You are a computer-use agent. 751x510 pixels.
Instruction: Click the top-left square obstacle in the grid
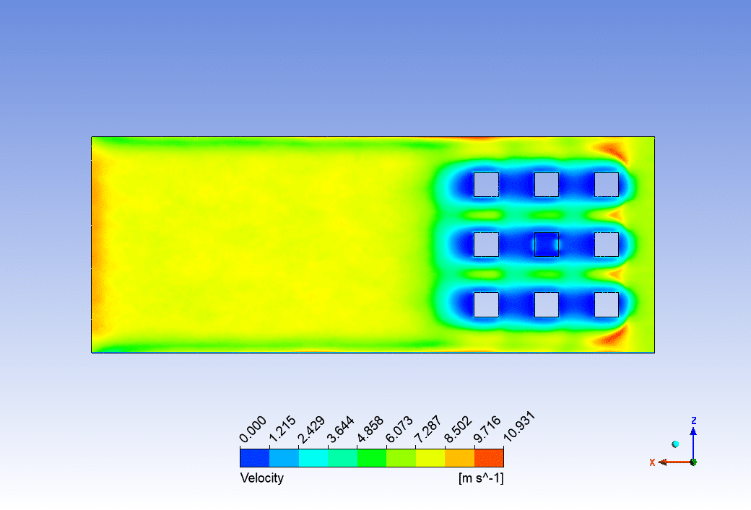tap(486, 185)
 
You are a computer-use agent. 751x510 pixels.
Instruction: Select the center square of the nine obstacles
tap(547, 245)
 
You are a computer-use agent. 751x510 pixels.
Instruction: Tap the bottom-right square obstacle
tap(607, 304)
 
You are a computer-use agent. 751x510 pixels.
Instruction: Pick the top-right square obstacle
tap(607, 185)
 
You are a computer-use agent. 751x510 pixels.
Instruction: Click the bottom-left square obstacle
tap(486, 304)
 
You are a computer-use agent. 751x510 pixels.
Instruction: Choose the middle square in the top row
tap(547, 185)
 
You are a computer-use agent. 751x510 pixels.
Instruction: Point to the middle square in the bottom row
tap(547, 304)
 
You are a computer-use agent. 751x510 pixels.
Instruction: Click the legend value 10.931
tap(519, 426)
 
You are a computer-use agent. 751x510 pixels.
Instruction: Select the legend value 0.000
tap(253, 429)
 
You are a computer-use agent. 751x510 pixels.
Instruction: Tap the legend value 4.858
tap(370, 429)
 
